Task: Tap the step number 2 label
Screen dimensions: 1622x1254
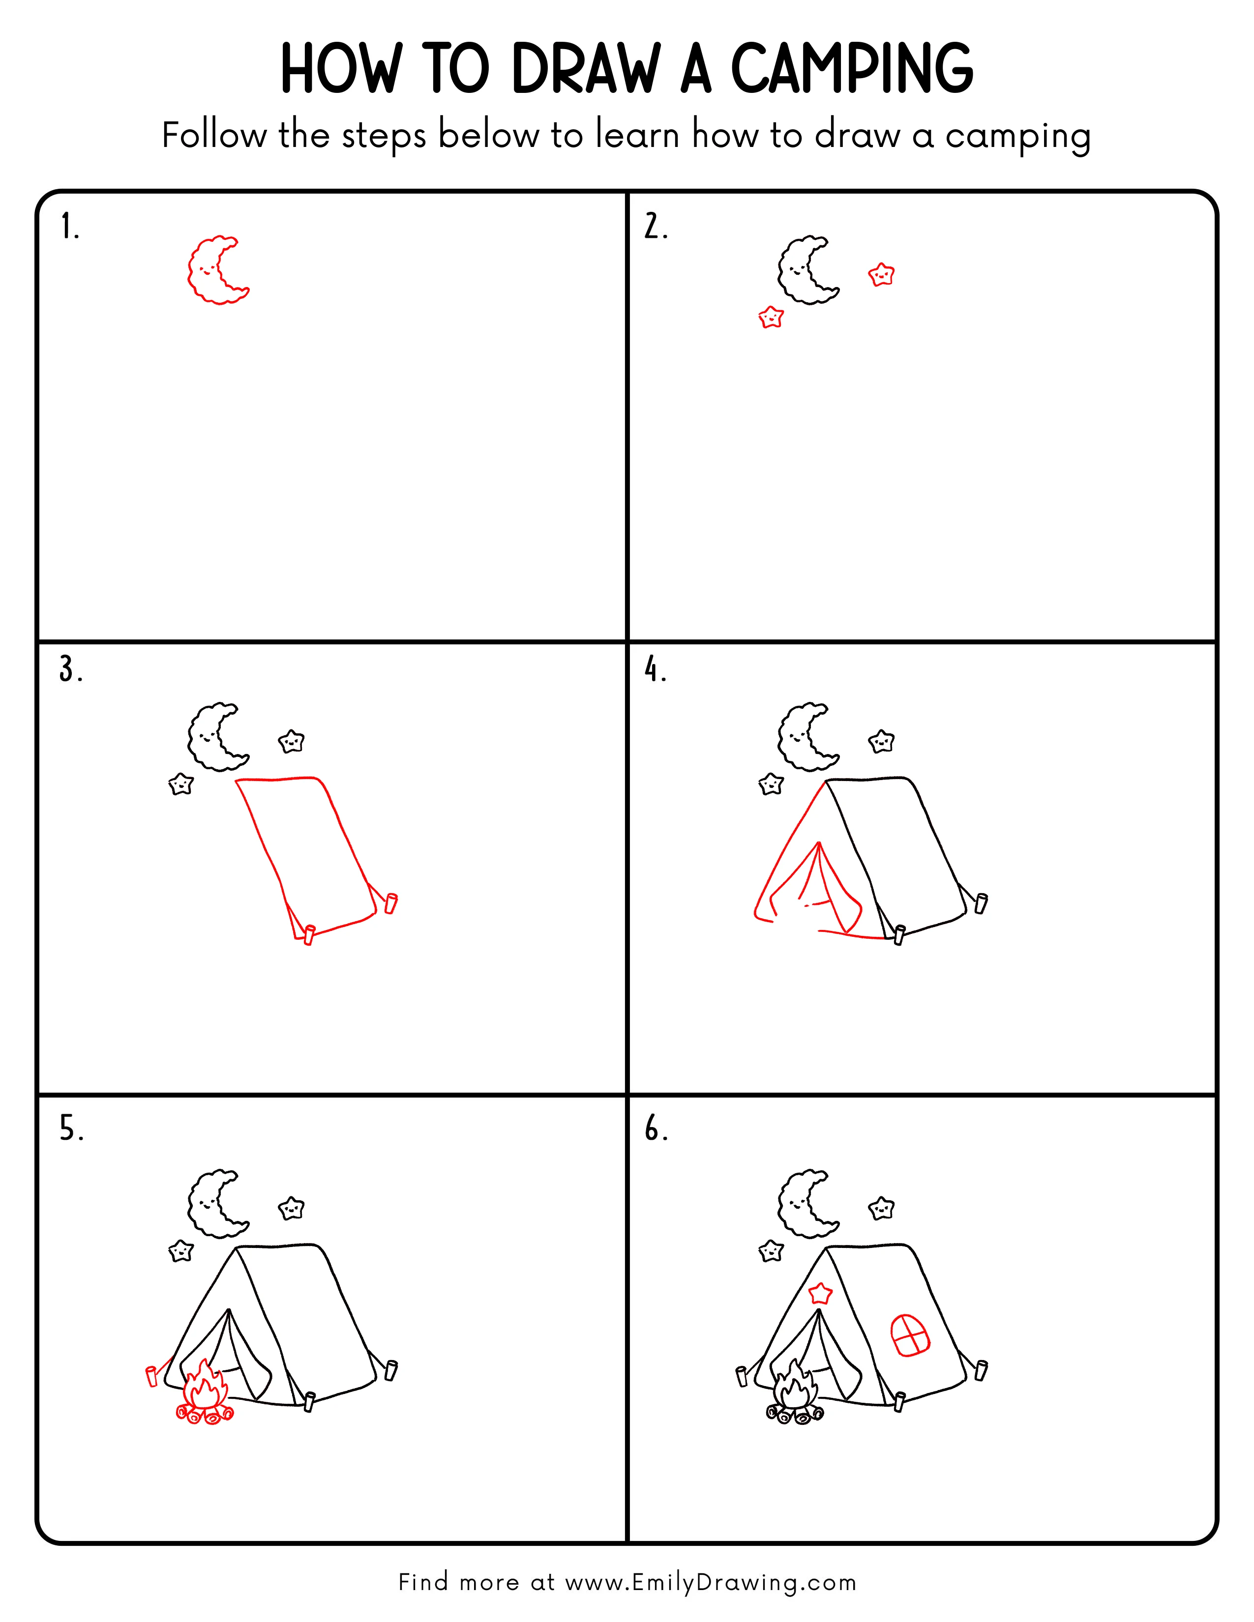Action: (x=655, y=227)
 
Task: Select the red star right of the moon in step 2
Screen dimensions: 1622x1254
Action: (x=881, y=275)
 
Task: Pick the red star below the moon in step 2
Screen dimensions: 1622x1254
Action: (x=771, y=318)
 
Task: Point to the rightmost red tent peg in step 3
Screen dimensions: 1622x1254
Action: (x=391, y=903)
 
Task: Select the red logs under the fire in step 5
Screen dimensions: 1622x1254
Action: (x=204, y=1415)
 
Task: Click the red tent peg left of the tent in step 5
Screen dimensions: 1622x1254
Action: (x=151, y=1375)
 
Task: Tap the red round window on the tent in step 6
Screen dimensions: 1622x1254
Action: (x=910, y=1334)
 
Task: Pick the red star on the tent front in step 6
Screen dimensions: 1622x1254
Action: (x=820, y=1293)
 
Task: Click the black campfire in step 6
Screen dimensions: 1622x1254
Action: (x=795, y=1396)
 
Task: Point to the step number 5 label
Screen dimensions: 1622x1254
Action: (x=71, y=1130)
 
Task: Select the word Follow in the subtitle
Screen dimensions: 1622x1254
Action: (x=214, y=136)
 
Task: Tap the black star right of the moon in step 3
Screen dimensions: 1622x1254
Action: (x=291, y=741)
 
